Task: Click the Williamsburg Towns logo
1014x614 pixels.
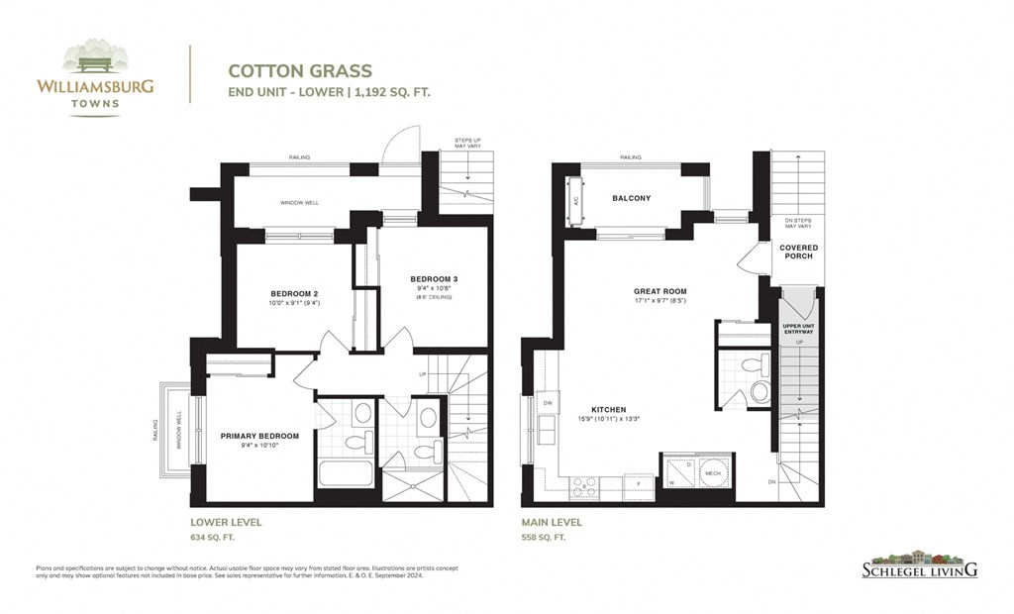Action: click(95, 77)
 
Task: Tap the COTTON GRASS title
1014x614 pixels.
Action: click(300, 71)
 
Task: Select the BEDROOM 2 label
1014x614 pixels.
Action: click(294, 293)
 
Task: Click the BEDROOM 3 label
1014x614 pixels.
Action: click(434, 279)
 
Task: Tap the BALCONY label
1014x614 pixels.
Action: click(631, 198)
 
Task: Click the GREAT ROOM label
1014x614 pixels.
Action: click(660, 291)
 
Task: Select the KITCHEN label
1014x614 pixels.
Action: click(610, 409)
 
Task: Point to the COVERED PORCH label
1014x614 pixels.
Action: click(798, 252)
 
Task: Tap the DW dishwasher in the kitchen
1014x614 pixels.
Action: click(547, 403)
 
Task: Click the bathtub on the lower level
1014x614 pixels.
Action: click(346, 472)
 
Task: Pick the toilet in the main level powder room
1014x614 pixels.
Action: click(760, 390)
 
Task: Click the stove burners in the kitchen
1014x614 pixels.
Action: click(582, 485)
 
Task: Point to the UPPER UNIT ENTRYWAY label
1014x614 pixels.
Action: click(797, 329)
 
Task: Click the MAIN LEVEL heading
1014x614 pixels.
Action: click(552, 522)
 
